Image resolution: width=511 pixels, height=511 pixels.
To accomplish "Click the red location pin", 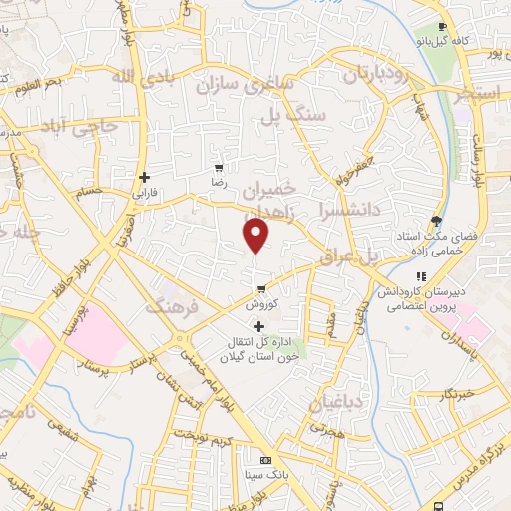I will coord(256,236).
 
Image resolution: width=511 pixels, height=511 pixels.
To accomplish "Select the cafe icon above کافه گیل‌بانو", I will coord(444,27).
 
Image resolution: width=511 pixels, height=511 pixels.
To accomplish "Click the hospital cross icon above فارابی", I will coord(145,176).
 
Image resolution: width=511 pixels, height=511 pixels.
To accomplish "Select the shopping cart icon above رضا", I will coord(219,167).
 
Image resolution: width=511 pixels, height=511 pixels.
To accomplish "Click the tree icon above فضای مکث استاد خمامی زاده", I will coord(435,220).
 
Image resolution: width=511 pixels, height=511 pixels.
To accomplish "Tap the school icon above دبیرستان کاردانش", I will coord(421,276).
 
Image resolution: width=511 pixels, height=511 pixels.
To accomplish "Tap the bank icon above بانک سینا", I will coord(264,461).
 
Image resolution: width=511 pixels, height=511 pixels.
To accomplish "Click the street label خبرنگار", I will coord(462,395).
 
